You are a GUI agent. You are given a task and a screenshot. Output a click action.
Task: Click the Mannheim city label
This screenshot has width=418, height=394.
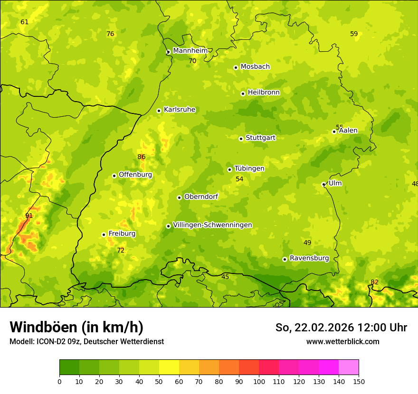(x=190, y=51)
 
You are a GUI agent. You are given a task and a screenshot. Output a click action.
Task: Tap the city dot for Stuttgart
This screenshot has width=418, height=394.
(x=241, y=139)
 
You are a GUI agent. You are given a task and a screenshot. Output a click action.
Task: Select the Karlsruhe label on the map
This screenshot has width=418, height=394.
(x=179, y=110)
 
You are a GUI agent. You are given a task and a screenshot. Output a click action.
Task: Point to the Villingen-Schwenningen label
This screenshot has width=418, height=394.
(x=212, y=225)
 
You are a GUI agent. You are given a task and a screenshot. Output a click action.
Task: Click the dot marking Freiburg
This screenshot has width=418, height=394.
(x=104, y=235)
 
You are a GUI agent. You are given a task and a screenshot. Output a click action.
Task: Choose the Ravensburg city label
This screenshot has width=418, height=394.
(x=309, y=258)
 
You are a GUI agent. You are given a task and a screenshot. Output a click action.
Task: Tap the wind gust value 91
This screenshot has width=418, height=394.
(x=29, y=216)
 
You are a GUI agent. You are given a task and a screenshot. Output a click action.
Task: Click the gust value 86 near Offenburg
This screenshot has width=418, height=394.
(x=141, y=157)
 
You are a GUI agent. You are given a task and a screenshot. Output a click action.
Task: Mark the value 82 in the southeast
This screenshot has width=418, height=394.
(x=374, y=282)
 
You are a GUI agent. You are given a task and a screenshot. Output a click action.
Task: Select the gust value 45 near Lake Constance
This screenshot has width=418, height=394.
(x=225, y=277)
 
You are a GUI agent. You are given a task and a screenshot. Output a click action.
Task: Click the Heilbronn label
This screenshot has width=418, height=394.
(x=264, y=93)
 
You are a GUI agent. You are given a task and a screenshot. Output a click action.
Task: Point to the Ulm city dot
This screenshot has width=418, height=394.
(x=323, y=184)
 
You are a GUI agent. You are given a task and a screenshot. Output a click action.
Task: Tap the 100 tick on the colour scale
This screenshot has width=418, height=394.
(x=259, y=382)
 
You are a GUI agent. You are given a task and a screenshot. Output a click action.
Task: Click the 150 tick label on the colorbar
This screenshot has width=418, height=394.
(x=358, y=382)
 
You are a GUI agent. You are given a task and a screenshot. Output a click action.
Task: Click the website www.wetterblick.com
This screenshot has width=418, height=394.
(x=342, y=342)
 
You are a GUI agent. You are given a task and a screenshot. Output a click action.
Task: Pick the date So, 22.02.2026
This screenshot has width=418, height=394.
(x=314, y=328)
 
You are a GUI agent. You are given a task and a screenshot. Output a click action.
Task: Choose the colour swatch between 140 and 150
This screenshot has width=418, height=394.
(x=349, y=367)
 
